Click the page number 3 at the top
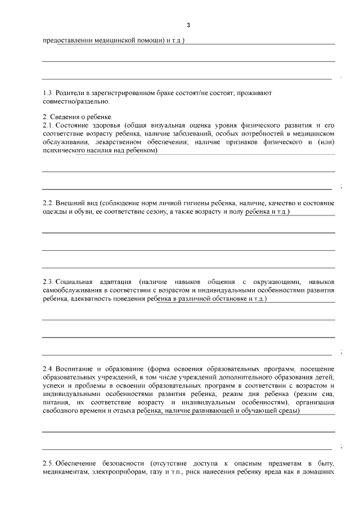[188, 25]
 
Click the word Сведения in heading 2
[64, 116]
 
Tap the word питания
[57, 402]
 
